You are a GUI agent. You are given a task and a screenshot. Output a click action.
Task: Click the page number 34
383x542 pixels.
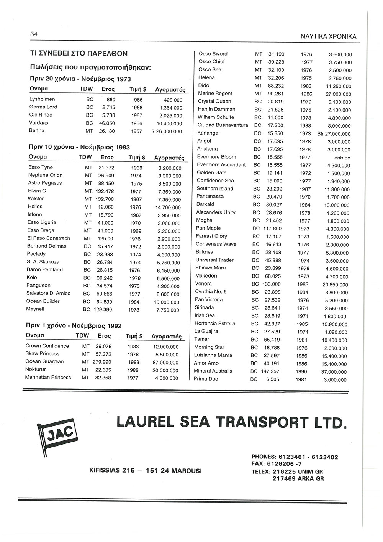click(x=34, y=34)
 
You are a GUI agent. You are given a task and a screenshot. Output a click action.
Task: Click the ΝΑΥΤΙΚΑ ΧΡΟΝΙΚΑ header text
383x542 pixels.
click(x=328, y=37)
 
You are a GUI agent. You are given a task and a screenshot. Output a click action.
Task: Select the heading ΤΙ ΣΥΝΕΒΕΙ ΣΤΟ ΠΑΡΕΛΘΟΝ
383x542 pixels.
click(x=79, y=54)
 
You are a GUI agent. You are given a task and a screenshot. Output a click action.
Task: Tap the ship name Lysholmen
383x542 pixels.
click(x=42, y=99)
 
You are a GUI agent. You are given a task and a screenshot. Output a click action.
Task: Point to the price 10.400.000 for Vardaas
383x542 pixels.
click(x=169, y=123)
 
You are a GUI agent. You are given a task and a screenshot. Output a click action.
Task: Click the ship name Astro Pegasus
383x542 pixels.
click(x=45, y=183)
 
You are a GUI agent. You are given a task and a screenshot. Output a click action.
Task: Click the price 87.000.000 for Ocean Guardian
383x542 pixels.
click(x=165, y=362)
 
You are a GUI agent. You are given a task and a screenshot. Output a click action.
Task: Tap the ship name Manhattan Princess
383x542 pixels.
click(x=48, y=377)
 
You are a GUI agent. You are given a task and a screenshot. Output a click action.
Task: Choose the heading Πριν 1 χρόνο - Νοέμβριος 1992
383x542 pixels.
click(x=74, y=326)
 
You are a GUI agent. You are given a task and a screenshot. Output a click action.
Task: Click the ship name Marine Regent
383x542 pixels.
click(x=215, y=93)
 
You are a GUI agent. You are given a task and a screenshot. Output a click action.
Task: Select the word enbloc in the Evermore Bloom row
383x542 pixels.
click(x=342, y=158)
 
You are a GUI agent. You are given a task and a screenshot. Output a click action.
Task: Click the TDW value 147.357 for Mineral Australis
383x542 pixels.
click(x=270, y=371)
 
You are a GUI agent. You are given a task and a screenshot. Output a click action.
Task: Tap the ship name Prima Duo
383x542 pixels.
click(x=206, y=379)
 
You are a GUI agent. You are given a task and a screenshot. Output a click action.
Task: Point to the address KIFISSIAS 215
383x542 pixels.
click(x=111, y=470)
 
